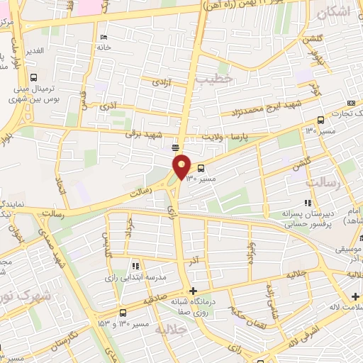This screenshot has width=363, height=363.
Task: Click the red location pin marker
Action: point(182,167)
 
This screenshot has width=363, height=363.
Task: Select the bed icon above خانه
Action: point(104,38)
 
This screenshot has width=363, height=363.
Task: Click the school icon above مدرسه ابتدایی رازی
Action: point(135,266)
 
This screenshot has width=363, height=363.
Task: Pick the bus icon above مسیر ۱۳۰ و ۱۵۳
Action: point(123,312)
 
